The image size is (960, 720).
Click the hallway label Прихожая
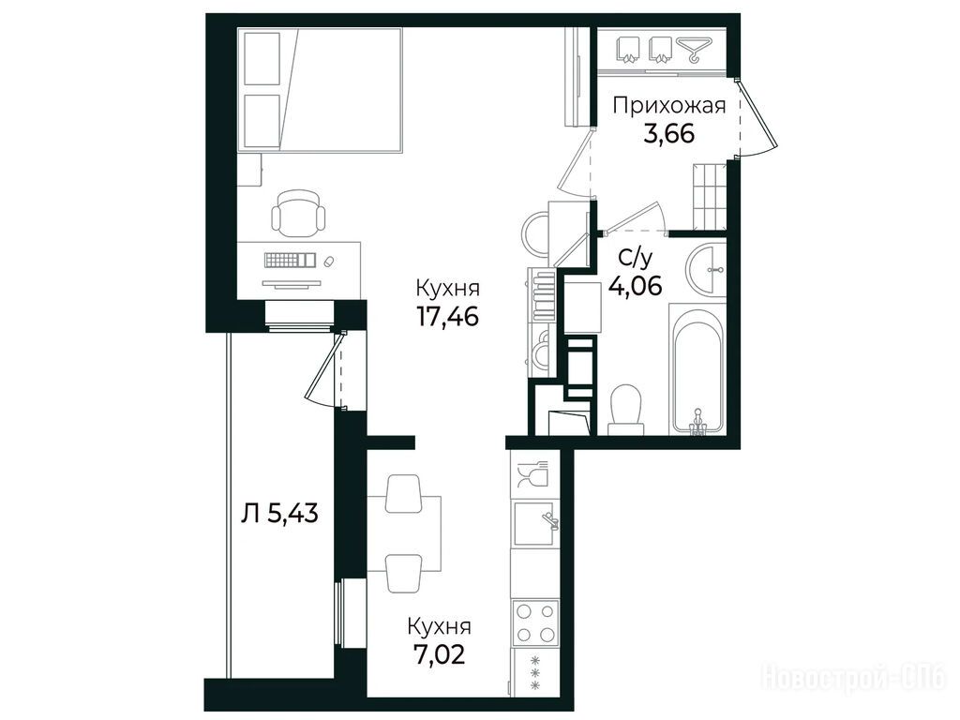[669, 106]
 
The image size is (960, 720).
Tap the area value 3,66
[669, 133]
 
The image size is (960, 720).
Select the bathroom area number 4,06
[635, 285]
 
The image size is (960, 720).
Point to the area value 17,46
[447, 316]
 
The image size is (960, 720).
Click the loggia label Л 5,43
[279, 514]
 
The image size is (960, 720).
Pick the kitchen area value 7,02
[439, 653]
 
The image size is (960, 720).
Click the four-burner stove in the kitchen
[535, 622]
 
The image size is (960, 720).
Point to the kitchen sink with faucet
[535, 523]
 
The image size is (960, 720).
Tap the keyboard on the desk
[290, 260]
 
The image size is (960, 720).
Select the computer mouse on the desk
[329, 262]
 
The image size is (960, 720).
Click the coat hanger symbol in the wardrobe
[694, 50]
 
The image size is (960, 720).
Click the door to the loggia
[323, 369]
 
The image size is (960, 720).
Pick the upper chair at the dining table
[403, 493]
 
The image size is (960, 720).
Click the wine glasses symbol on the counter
[532, 473]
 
